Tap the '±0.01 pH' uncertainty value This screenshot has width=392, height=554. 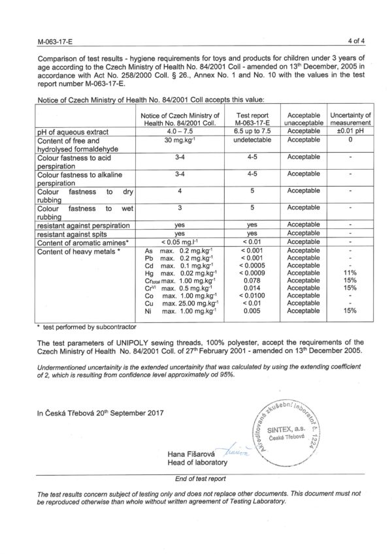[351, 131]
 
